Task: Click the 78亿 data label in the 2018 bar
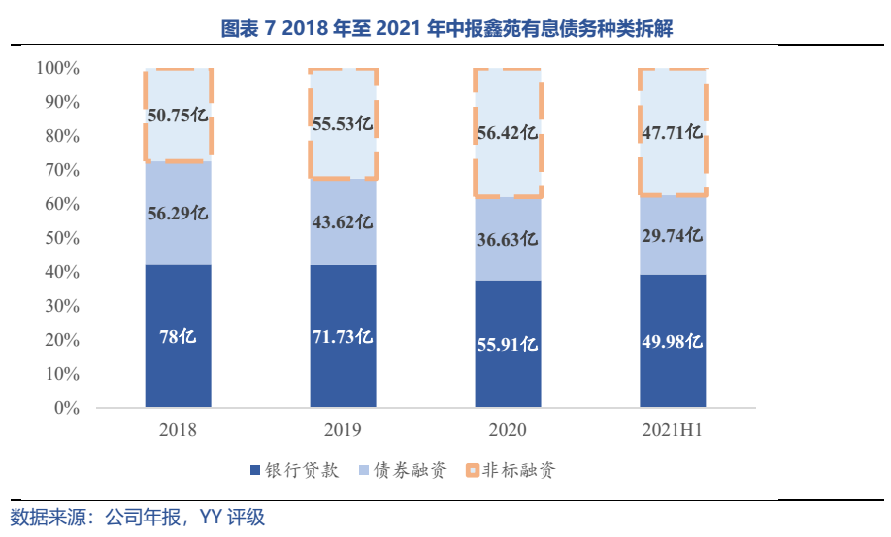click(x=178, y=337)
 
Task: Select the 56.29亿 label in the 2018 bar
click(x=178, y=214)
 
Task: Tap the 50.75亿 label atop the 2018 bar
click(x=178, y=116)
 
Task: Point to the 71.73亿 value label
click(x=343, y=337)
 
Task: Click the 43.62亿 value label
click(x=343, y=221)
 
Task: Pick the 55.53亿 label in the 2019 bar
click(x=343, y=123)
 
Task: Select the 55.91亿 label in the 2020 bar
click(x=508, y=344)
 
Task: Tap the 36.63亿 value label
click(x=508, y=238)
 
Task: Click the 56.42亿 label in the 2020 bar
click(x=508, y=132)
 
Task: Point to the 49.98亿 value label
click(x=672, y=341)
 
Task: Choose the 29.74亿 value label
click(x=672, y=235)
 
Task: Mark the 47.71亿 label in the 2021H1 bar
click(x=672, y=132)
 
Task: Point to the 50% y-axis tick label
click(x=60, y=238)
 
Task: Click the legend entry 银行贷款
click(x=302, y=471)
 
